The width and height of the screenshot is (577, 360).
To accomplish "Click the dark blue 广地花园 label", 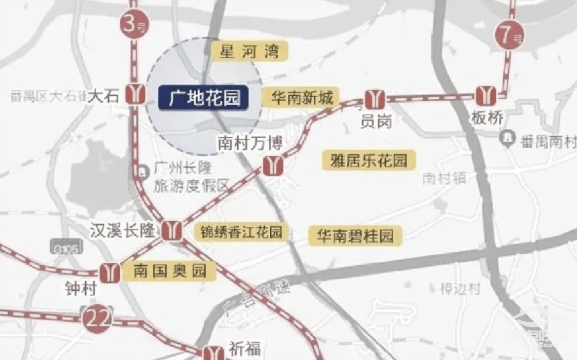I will tap(205, 98).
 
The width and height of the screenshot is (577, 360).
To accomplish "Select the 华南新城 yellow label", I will tap(302, 98).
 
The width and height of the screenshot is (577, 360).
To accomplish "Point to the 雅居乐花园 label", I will tap(369, 160).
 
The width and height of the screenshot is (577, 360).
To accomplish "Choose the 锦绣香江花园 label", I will tap(242, 232).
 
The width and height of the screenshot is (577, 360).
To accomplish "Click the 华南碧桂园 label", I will tap(355, 236).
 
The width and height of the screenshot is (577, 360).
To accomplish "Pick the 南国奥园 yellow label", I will tap(170, 272).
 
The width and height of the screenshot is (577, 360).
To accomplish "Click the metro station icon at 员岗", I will tap(374, 99).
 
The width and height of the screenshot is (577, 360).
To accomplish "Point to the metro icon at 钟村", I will tap(110, 273).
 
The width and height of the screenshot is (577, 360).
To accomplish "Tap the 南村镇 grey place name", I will tap(444, 179).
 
